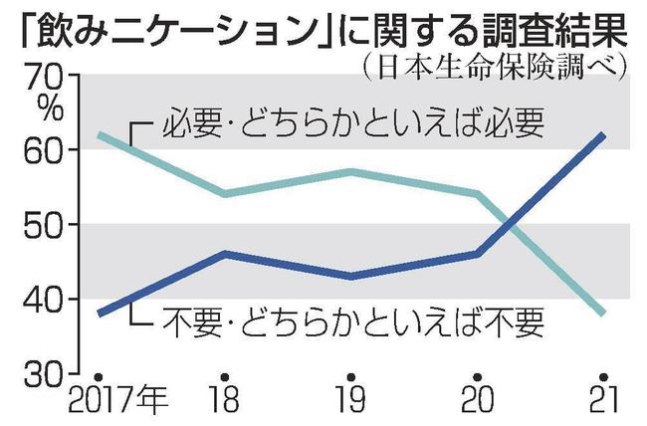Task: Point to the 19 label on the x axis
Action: point(352,404)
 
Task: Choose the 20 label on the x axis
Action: point(478,404)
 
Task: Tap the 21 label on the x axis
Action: point(601,404)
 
